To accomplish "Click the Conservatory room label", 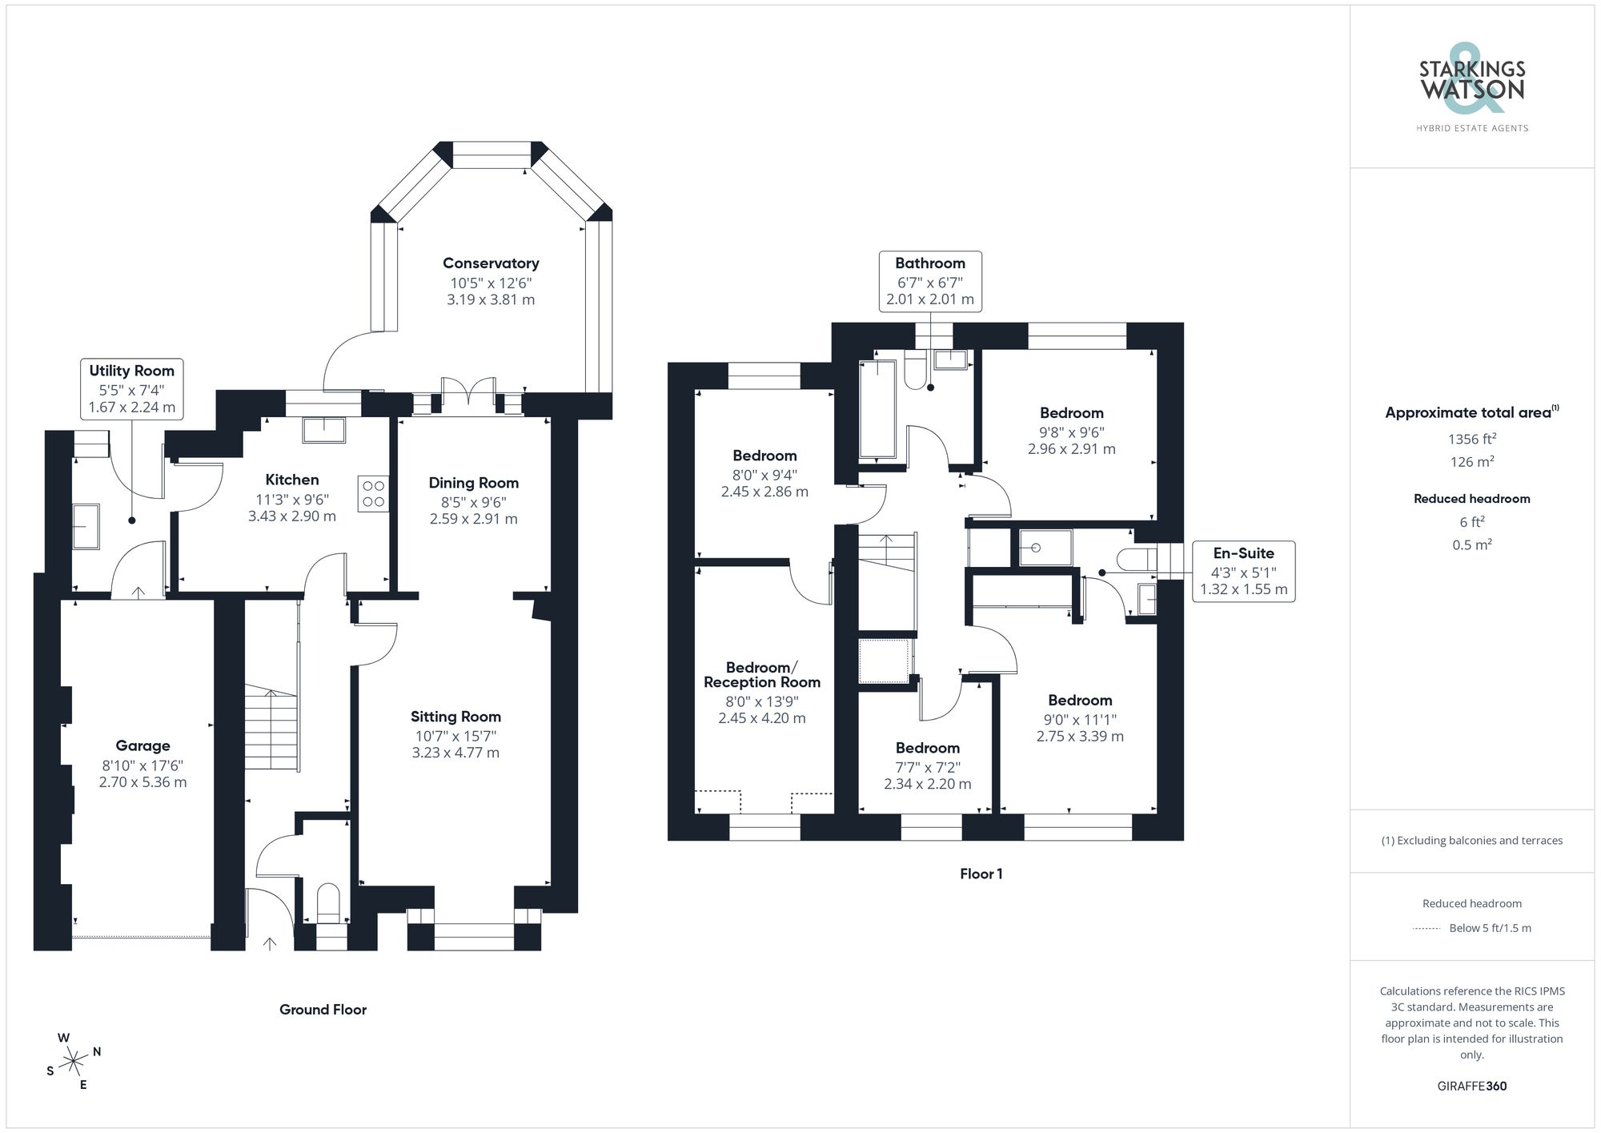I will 491,263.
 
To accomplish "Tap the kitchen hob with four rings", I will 373,494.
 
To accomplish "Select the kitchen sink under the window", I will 324,430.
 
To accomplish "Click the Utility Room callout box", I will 132,388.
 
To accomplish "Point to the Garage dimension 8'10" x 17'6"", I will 142,765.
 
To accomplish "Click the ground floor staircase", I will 272,728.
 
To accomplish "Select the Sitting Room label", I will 455,717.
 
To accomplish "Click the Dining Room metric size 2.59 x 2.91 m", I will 473,519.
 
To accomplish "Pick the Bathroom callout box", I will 929,281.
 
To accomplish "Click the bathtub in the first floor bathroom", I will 877,408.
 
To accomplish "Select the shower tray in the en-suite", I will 1045,548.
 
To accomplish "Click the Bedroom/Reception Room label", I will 761,675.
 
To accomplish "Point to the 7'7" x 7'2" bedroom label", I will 927,766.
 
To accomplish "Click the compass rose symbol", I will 74,1062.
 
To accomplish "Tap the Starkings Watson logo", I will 1471,88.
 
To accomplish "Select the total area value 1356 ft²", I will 1471,439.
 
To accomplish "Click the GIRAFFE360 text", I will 1471,1086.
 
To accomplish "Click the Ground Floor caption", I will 323,1010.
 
